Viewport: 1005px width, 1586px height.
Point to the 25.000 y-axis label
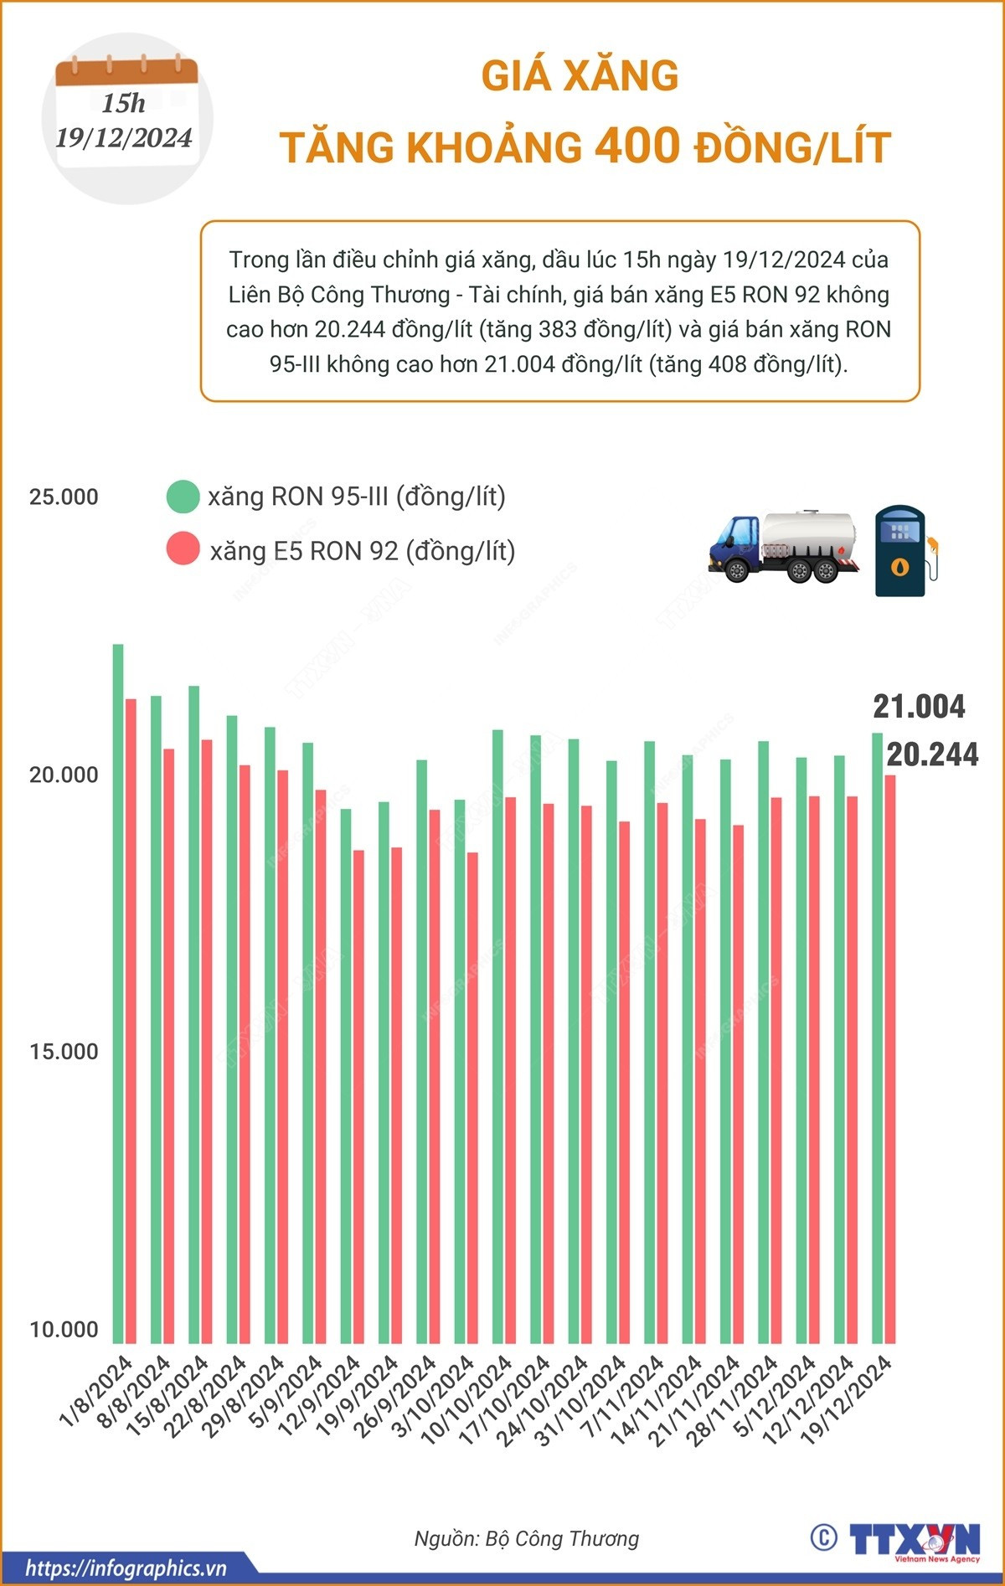coord(64,497)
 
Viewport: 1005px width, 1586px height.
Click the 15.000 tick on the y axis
coord(64,1052)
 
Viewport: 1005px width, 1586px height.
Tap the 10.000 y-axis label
coord(64,1329)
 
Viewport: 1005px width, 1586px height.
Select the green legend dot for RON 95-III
coord(183,497)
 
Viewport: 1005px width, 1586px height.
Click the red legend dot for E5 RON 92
coord(183,550)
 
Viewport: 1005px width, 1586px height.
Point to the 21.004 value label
coord(919,707)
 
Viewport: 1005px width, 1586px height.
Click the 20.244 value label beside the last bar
coord(932,754)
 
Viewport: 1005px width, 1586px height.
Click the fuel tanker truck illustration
coord(784,546)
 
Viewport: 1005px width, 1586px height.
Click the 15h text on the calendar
coord(124,104)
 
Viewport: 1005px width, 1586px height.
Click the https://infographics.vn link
coord(126,1568)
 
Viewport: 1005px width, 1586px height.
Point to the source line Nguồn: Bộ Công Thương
coord(526,1538)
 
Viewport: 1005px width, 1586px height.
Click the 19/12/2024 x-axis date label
coord(848,1399)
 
